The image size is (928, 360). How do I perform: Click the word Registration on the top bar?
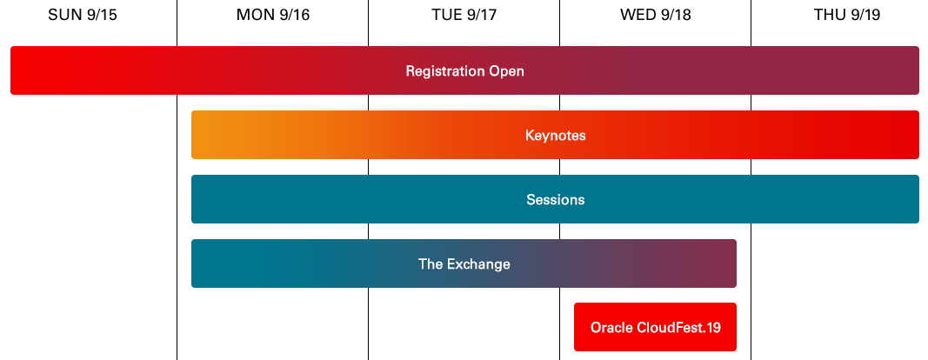click(444, 71)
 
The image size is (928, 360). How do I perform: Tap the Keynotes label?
click(555, 136)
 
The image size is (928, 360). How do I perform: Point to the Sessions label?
click(555, 200)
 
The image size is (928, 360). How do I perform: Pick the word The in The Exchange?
click(431, 264)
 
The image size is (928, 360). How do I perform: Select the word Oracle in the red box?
click(611, 329)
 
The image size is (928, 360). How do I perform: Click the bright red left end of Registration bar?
click(22, 70)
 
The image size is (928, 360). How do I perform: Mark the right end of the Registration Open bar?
click(909, 70)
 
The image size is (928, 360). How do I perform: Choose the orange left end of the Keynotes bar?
click(203, 135)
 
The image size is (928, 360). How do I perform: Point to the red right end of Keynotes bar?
click(909, 135)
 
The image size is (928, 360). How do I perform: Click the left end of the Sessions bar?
click(203, 199)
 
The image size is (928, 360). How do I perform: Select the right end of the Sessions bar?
click(909, 199)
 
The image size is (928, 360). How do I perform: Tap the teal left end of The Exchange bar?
click(203, 263)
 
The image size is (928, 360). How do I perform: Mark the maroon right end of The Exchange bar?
click(726, 263)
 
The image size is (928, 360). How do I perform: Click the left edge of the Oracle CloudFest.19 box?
click(577, 328)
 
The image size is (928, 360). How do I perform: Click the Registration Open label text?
click(464, 71)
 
